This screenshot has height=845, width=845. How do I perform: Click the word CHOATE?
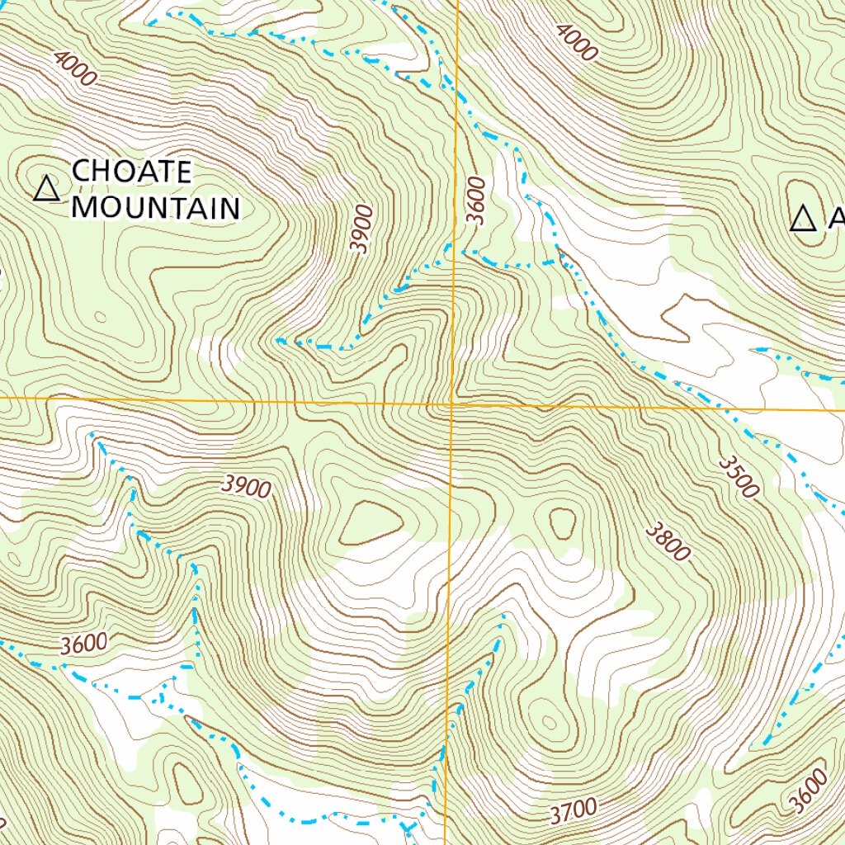tap(132, 172)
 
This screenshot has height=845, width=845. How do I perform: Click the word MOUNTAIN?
tap(155, 207)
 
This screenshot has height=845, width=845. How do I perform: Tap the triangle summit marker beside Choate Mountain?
tap(47, 190)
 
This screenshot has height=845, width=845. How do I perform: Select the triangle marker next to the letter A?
tap(802, 220)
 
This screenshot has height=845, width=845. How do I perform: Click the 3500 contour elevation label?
tap(737, 476)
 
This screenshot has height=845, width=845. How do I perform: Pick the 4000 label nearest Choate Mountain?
tap(75, 68)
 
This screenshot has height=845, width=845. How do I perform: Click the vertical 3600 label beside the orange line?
tap(476, 201)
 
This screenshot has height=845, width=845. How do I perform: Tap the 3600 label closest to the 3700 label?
tap(807, 791)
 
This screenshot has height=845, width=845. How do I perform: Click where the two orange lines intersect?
tap(451, 405)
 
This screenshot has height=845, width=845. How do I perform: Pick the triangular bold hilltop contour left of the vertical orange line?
tap(371, 522)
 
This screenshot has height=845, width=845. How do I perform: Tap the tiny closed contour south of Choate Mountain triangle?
tap(101, 316)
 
